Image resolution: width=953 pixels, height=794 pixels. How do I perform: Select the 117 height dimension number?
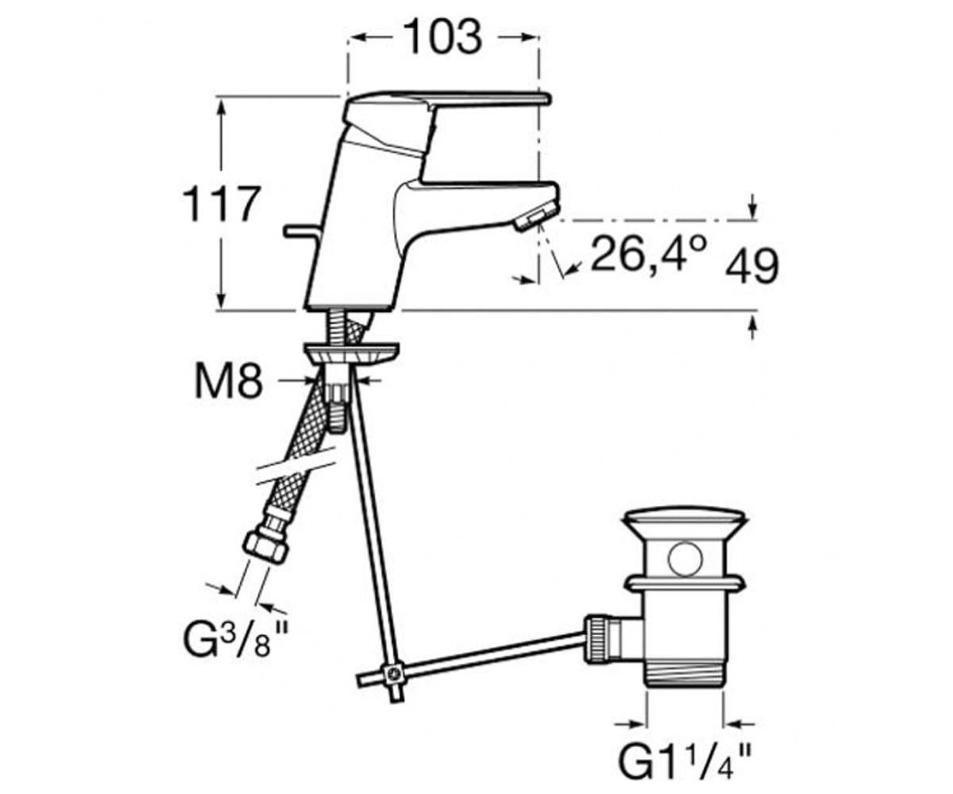point(222,204)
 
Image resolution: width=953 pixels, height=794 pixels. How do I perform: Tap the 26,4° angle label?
point(649,254)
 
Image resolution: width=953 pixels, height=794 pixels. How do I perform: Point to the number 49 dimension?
point(752,267)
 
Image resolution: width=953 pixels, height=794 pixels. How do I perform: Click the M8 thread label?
point(229,381)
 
